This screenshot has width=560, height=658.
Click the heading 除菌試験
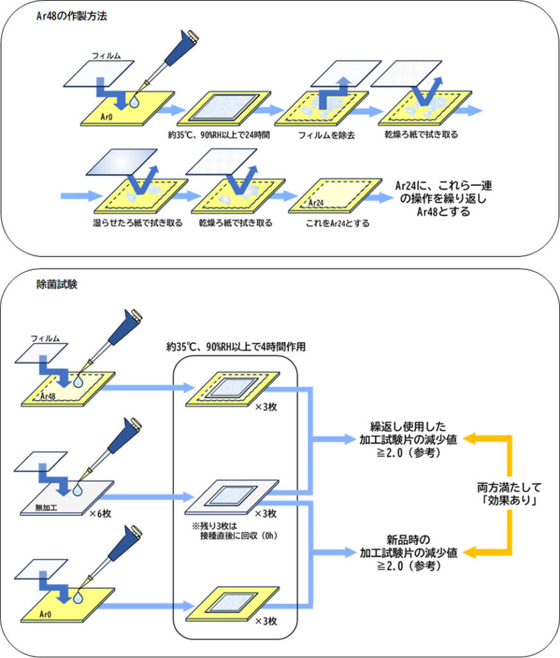(x=56, y=284)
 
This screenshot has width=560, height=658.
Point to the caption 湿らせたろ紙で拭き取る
(x=137, y=223)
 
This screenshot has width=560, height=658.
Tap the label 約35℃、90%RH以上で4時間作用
(x=235, y=346)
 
